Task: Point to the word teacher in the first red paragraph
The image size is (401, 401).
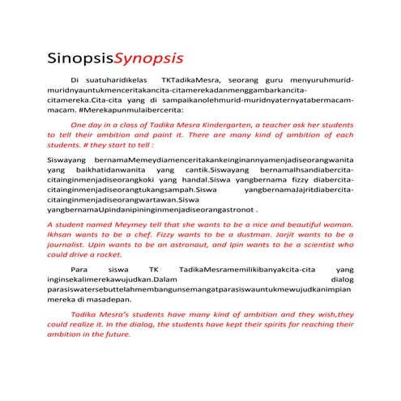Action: tap(267, 126)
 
